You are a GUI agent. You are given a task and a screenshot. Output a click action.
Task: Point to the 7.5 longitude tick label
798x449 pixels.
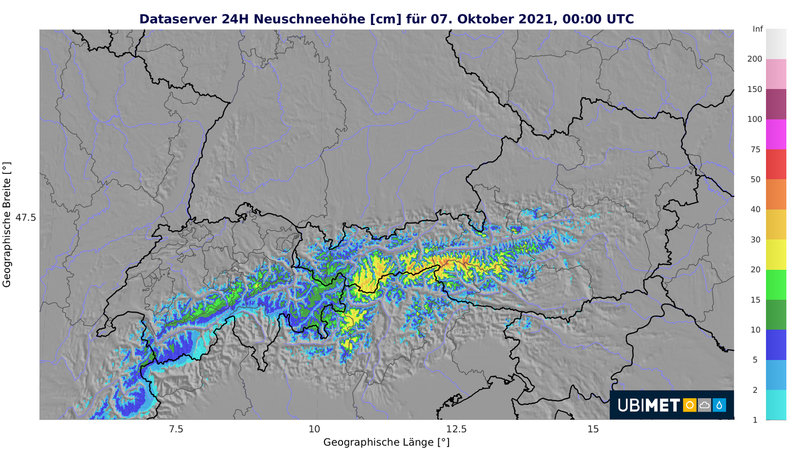point(176,429)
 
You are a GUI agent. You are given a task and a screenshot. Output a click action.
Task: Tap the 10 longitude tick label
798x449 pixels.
point(314,429)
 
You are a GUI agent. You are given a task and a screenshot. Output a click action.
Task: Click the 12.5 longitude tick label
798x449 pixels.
point(456,429)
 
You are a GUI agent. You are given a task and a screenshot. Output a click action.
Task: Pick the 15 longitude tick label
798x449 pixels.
point(593,429)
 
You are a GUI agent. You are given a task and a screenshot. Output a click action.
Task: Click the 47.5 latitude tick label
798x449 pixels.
point(26,218)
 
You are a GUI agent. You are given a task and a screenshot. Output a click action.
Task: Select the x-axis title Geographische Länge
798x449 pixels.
point(386,442)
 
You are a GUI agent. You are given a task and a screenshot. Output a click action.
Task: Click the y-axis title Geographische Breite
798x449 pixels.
point(6,224)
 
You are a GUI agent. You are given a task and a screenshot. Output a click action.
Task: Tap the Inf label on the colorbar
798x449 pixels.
point(758,29)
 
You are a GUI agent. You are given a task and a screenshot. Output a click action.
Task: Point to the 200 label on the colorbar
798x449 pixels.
point(754,59)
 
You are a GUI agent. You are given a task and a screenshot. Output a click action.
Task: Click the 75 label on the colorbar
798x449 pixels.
point(755,149)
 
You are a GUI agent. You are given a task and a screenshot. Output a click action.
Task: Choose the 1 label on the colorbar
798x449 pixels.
point(755,420)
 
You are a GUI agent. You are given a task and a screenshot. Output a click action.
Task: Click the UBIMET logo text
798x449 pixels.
point(649,405)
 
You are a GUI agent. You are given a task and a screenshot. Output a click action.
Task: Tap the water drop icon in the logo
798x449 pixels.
point(719,405)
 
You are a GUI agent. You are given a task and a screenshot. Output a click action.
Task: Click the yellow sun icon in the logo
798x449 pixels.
point(689,405)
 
